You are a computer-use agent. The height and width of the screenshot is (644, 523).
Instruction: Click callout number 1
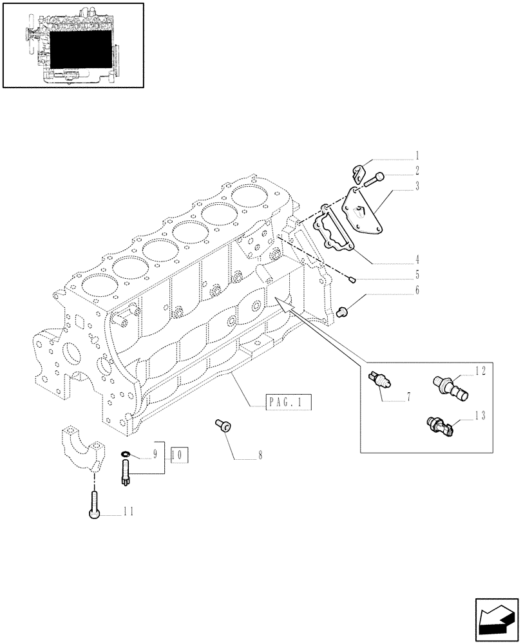click(417, 155)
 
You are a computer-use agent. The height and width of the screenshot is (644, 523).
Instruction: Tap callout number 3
click(417, 187)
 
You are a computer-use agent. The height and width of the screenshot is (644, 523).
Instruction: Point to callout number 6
click(417, 290)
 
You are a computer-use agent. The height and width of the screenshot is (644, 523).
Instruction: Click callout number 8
click(260, 455)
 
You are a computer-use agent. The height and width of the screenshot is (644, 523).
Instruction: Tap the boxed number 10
click(180, 454)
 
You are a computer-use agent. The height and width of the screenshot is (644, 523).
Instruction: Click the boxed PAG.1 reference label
click(287, 404)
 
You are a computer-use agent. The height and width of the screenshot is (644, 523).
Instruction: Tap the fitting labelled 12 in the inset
click(451, 387)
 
